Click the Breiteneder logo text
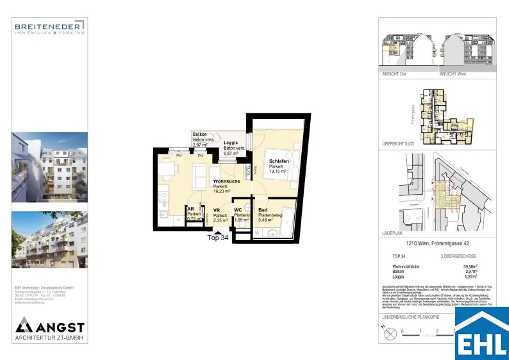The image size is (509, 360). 49,26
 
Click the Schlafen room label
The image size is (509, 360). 279,162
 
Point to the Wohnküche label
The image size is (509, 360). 227,181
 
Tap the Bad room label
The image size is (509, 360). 263,210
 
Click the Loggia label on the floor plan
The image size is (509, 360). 231,143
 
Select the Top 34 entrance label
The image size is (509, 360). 218,238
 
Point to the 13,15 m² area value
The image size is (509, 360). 278,172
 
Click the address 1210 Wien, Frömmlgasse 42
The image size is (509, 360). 437,244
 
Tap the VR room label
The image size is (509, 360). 217,210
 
